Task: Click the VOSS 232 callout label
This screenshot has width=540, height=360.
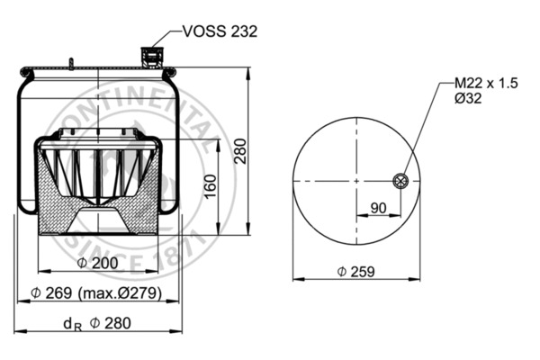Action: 220,31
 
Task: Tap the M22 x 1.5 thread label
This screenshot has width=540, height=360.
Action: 480,83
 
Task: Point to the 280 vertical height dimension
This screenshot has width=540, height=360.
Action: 240,154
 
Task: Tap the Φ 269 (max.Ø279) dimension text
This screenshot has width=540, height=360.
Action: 96,293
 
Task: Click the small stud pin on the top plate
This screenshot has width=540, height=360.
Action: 68,63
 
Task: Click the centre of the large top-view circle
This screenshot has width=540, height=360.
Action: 357,181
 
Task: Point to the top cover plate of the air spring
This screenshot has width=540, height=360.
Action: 99,68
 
